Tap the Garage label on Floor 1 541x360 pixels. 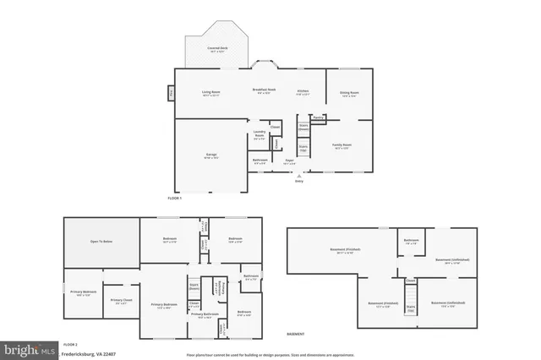211,155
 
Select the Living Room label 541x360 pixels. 210,92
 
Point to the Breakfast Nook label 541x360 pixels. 265,90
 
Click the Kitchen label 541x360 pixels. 303,91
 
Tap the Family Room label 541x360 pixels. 342,145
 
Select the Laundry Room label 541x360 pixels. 260,135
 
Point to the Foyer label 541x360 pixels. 289,160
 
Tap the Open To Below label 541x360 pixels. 101,241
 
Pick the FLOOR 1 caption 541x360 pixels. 175,197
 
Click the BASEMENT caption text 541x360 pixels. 296,334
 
